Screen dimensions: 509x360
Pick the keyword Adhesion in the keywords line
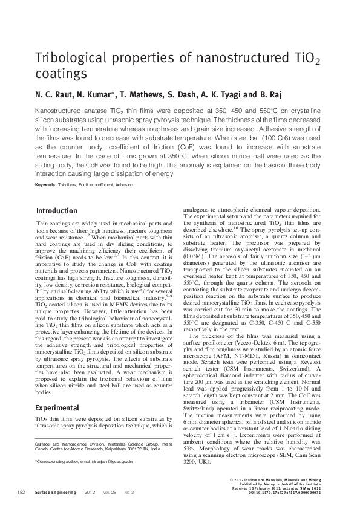[123, 184]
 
